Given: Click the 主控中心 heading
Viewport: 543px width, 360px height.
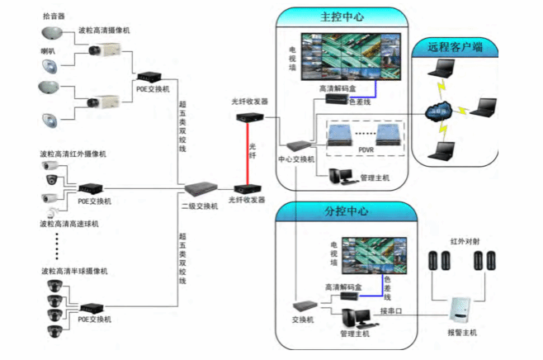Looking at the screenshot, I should coord(342,16).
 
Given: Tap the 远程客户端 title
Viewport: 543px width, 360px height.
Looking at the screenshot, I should coord(455,48).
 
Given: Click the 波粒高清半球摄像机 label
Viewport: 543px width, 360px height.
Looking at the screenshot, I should coord(73,271).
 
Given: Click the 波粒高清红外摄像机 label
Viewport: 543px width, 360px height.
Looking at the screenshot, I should coord(73,154).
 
